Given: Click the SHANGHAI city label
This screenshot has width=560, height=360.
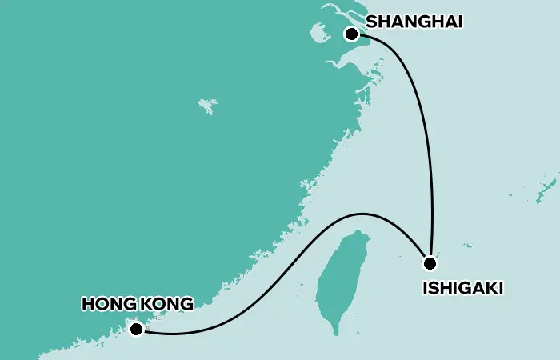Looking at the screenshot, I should (x=414, y=22).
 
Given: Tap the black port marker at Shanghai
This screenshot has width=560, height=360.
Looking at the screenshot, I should (x=351, y=34).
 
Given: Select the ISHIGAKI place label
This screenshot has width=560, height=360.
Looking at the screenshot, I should (x=462, y=288).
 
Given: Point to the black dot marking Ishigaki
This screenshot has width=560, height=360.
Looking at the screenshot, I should (x=430, y=263).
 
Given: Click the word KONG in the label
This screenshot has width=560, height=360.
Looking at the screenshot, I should (x=166, y=304).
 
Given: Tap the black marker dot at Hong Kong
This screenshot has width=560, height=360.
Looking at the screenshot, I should (x=137, y=329).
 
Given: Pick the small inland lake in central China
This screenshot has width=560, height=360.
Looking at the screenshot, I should (x=207, y=105).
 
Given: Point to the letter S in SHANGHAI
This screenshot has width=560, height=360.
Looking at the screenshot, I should (x=370, y=22).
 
